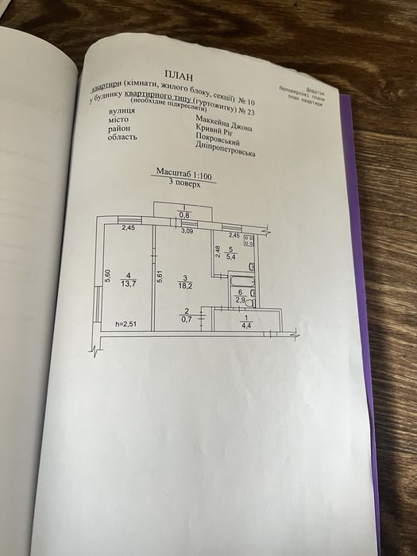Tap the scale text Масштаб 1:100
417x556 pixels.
pyautogui.click(x=183, y=173)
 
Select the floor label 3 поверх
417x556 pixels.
pyautogui.click(x=182, y=182)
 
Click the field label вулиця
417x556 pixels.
pyautogui.click(x=120, y=112)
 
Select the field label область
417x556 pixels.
pyautogui.click(x=122, y=137)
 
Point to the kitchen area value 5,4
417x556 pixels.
pyautogui.click(x=231, y=257)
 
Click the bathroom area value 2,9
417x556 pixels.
pyautogui.click(x=240, y=300)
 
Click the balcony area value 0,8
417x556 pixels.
pyautogui.click(x=183, y=215)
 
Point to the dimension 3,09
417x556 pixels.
pyautogui.click(x=187, y=231)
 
